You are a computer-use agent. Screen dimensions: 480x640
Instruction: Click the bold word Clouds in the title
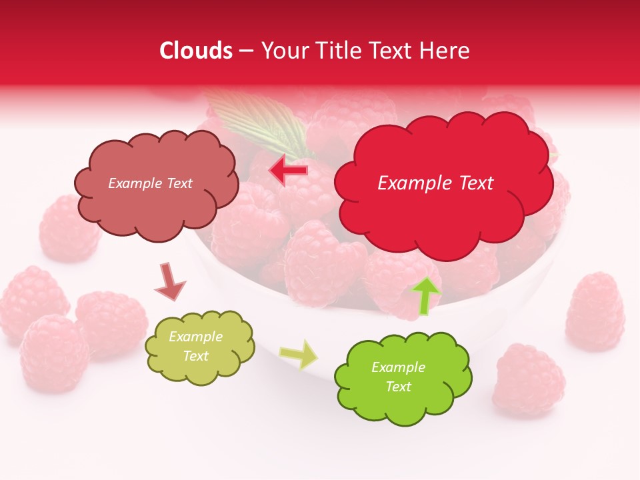pos(196,51)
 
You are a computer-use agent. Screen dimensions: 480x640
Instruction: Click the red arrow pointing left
pos(288,171)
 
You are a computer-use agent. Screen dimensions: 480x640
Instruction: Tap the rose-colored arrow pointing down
pos(169,281)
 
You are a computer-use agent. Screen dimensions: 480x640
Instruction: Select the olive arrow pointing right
pos(299,354)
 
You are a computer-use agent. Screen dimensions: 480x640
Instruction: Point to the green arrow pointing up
pos(425,295)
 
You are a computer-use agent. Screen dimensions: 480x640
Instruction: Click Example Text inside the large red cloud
pos(435,183)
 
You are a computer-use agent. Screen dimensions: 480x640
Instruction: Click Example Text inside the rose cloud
pos(150,183)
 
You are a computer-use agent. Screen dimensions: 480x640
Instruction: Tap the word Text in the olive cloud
pos(196,356)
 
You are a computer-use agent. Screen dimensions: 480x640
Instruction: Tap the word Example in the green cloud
pos(398,367)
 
